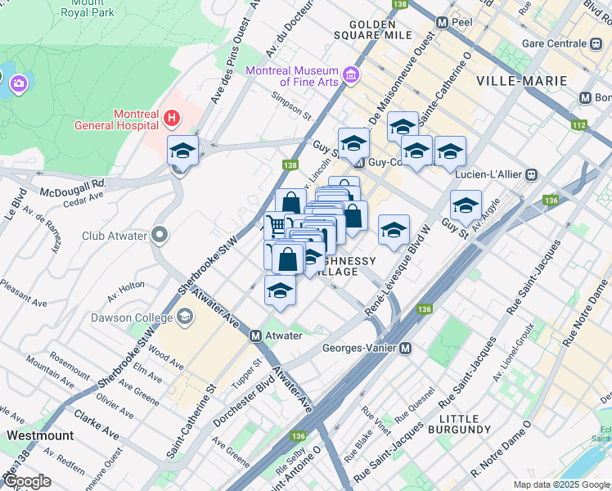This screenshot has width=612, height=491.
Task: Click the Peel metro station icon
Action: coord(443,23)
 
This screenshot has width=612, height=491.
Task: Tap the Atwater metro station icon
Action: coord(255,336)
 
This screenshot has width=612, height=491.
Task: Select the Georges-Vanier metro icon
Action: coord(404,348)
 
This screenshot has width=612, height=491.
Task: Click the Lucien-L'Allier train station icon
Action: coord(532,174)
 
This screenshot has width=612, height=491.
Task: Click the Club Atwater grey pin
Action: coord(159,236)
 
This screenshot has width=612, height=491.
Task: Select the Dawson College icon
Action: coord(185,316)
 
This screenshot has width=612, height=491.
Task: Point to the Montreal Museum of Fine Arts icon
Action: coord(351,76)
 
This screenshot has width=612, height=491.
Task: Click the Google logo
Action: coord(27,480)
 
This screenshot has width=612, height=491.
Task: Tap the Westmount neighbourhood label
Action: coord(39,435)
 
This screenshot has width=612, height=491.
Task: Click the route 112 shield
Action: coord(579,125)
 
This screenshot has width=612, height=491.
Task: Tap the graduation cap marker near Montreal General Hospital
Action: coord(183,151)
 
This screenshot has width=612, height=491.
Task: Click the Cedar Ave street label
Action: coord(84,196)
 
